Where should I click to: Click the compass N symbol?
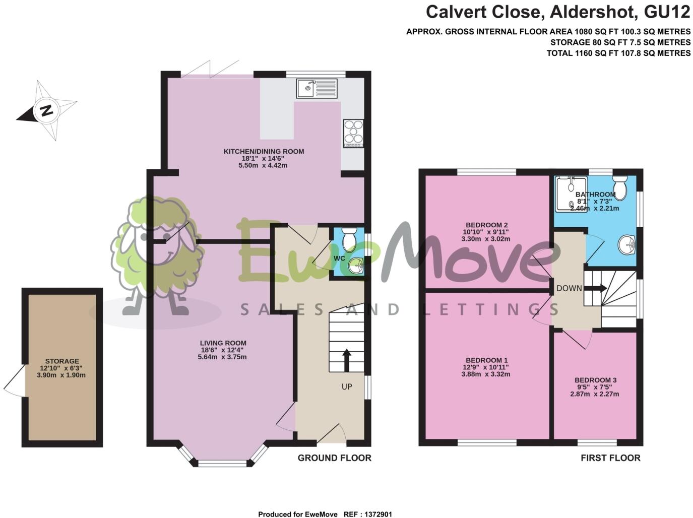pyautogui.click(x=46, y=110)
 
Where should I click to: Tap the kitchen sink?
pyautogui.click(x=317, y=89)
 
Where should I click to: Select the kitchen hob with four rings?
pyautogui.click(x=353, y=133)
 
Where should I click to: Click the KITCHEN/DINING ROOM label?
pyautogui.click(x=264, y=152)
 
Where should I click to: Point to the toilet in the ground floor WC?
pyautogui.click(x=348, y=239)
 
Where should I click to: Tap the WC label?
pyautogui.click(x=339, y=258)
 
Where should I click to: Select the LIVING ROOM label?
pyautogui.click(x=223, y=343)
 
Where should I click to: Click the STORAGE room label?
pyautogui.click(x=62, y=361)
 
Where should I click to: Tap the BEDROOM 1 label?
pyautogui.click(x=486, y=360)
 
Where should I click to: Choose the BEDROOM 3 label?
pyautogui.click(x=595, y=380)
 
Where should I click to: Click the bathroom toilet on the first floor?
pyautogui.click(x=620, y=187)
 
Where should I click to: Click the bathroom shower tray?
pyautogui.click(x=571, y=194)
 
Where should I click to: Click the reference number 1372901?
pyautogui.click(x=375, y=514)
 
